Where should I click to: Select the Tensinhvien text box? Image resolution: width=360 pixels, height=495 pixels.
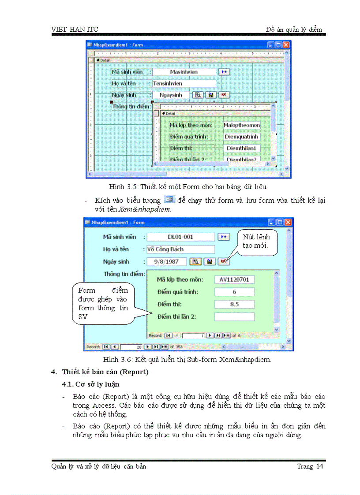[184, 83]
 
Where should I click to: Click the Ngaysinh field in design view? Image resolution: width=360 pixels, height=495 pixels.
[171, 95]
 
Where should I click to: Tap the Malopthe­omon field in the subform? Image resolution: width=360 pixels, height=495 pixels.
[241, 125]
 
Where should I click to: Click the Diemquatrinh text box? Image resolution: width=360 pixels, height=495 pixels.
[241, 137]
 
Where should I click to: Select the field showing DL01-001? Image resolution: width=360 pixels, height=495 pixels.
[181, 237]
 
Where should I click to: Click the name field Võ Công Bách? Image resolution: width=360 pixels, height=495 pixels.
[181, 249]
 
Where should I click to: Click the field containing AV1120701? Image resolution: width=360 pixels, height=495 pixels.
[234, 279]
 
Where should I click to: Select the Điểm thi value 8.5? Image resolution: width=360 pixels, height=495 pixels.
[234, 304]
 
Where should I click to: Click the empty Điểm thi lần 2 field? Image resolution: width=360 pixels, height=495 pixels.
[234, 316]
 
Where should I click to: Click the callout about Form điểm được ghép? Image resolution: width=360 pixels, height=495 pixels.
[103, 303]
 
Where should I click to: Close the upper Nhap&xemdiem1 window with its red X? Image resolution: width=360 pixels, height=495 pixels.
[286, 45]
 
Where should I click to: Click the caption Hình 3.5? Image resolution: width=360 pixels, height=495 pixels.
[188, 186]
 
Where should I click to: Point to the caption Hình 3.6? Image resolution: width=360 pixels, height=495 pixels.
[187, 359]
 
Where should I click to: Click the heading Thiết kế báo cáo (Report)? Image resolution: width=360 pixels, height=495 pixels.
[105, 372]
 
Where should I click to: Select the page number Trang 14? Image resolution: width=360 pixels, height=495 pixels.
[310, 466]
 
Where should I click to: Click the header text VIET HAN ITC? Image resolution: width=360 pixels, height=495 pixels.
[75, 30]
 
